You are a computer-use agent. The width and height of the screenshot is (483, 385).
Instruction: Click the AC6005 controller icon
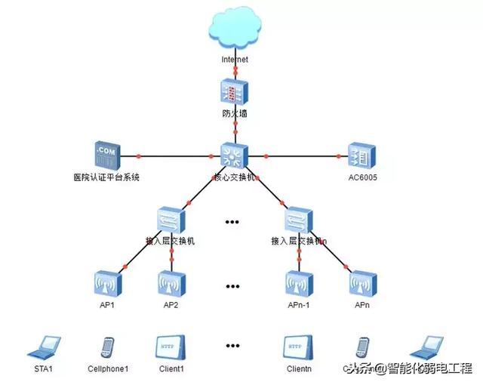tap(361, 156)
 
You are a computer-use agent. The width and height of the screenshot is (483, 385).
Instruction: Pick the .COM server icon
tap(107, 156)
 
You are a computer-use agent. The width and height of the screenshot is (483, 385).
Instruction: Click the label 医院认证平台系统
tap(103, 177)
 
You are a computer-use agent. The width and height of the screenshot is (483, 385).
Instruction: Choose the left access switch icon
tap(171, 220)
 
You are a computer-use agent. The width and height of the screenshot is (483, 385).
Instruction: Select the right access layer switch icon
tap(299, 220)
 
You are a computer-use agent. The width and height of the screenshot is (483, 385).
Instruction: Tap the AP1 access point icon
tap(106, 284)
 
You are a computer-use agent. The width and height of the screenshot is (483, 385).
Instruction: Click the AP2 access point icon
tap(171, 284)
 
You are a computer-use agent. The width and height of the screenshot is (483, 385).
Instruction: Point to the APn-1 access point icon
tap(299, 284)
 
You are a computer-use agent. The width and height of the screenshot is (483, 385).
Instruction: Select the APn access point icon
tap(363, 284)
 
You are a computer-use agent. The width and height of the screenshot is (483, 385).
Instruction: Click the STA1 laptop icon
tap(43, 348)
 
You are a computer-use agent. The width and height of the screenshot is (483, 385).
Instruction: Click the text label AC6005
tap(362, 177)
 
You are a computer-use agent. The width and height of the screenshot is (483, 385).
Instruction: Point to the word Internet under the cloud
tap(235, 59)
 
